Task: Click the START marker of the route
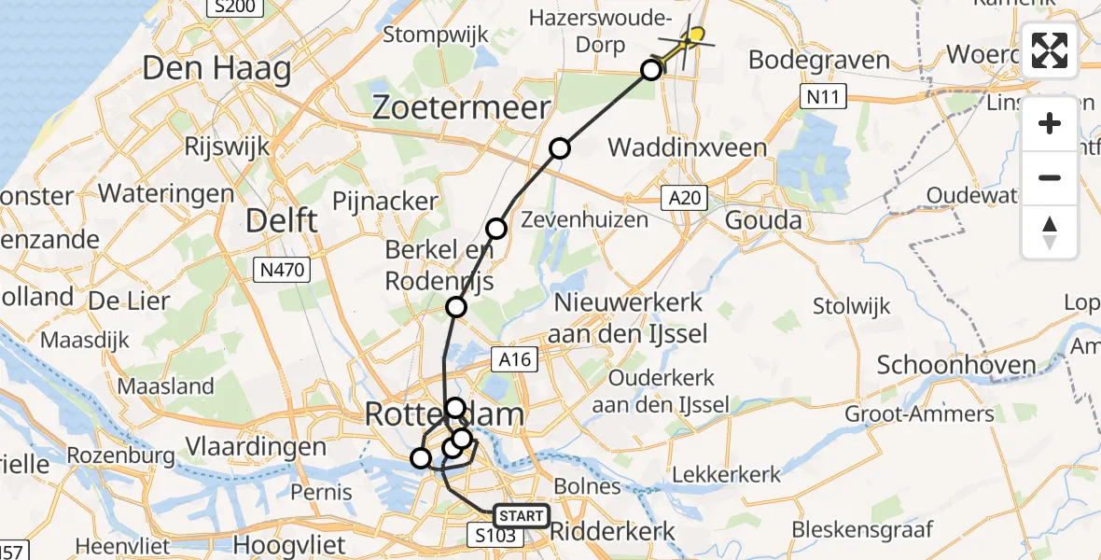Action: pyautogui.click(x=520, y=516)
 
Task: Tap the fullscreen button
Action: pyautogui.click(x=1050, y=50)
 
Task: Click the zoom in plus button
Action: pyautogui.click(x=1050, y=123)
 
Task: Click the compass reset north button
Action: pyautogui.click(x=1050, y=231)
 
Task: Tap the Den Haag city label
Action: pyautogui.click(x=216, y=69)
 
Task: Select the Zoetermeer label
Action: pyautogui.click(x=461, y=108)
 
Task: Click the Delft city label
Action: pyautogui.click(x=281, y=221)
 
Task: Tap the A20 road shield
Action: pyautogui.click(x=685, y=198)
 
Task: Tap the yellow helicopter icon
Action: pyautogui.click(x=690, y=38)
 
